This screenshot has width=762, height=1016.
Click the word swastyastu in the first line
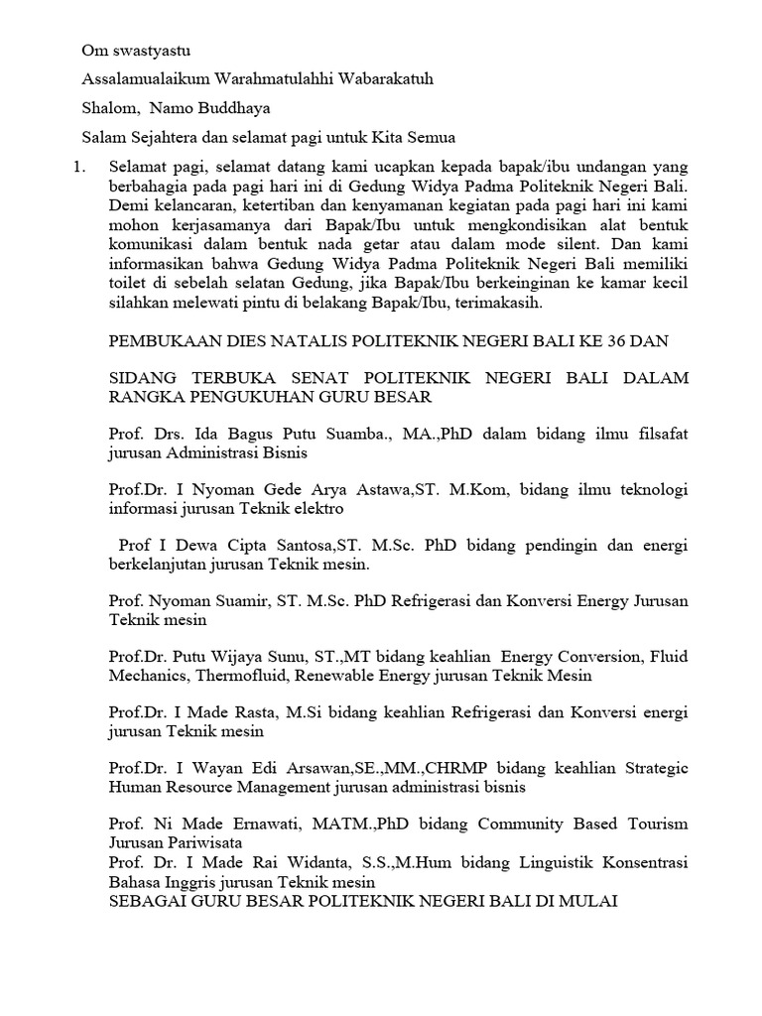click(159, 49)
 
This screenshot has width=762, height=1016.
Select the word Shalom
click(106, 107)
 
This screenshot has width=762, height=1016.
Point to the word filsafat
click(660, 434)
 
